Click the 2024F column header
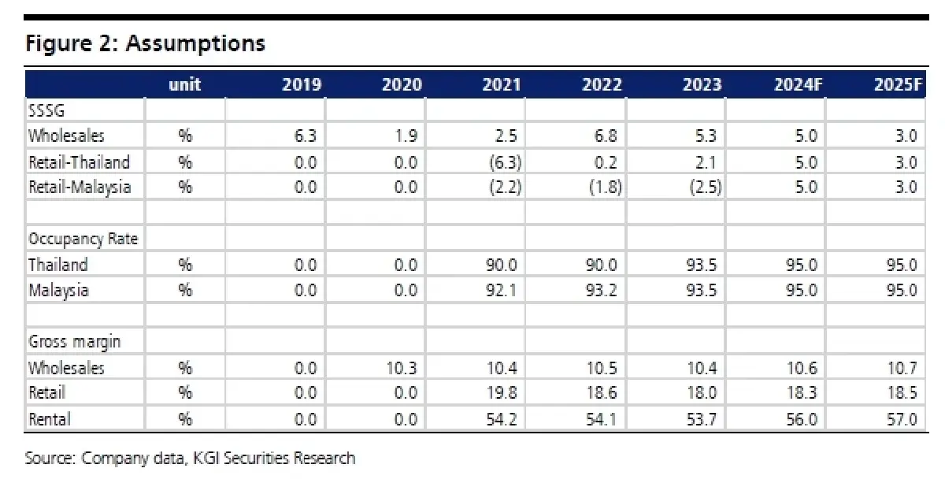(x=799, y=85)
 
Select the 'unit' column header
(x=185, y=85)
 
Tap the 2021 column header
(x=502, y=85)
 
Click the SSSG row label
(x=46, y=110)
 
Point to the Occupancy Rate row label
(x=83, y=240)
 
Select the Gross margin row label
(x=74, y=342)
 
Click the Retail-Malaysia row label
(x=80, y=187)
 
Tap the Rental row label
(x=50, y=419)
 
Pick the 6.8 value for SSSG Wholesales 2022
(x=606, y=136)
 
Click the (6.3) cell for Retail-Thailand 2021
(x=506, y=162)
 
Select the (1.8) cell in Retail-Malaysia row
(x=606, y=187)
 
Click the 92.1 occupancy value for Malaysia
(x=501, y=291)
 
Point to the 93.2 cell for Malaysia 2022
(x=601, y=291)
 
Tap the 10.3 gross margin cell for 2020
(x=402, y=368)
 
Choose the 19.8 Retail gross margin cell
(x=501, y=392)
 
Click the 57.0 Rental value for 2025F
(x=902, y=419)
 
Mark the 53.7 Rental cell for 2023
(x=701, y=419)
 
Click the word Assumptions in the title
(x=195, y=43)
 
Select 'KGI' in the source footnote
(x=206, y=458)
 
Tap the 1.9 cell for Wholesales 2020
(x=406, y=136)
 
